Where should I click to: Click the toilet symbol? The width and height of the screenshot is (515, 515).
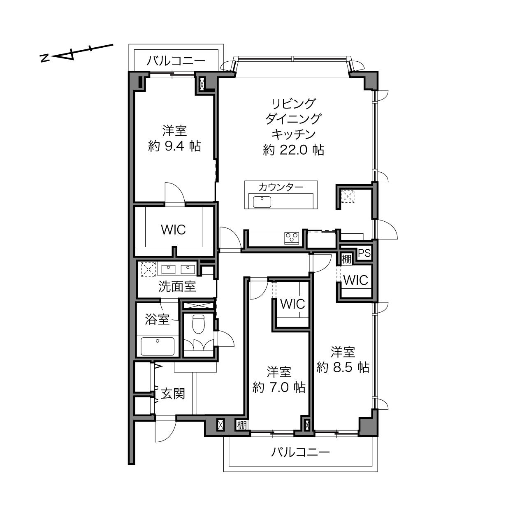tap(198, 324)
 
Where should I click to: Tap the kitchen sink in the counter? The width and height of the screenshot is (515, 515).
tap(262, 202)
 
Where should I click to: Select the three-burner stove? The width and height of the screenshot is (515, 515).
tap(292, 238)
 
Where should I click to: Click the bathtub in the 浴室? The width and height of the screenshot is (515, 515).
tap(158, 347)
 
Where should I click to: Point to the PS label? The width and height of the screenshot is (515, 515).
tap(364, 253)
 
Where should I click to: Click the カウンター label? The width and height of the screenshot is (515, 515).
tap(281, 187)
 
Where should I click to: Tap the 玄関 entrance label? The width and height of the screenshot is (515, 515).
tap(173, 394)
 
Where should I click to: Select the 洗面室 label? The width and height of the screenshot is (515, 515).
tap(177, 286)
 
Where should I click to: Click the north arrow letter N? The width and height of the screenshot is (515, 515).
tap(44, 58)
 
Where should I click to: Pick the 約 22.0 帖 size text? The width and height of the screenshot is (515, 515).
tap(294, 150)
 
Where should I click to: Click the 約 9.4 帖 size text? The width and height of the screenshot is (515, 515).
tap(174, 146)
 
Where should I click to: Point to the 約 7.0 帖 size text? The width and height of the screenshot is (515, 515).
tap(279, 387)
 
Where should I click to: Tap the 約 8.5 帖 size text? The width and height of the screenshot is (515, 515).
tap(343, 367)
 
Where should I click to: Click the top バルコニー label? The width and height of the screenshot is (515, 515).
tap(176, 61)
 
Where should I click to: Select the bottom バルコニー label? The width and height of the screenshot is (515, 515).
tap(300, 452)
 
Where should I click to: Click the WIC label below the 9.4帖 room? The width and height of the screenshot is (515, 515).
tap(174, 230)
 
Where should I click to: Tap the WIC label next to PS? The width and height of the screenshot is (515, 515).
tap(356, 280)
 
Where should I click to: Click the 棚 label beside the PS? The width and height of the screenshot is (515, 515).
tap(347, 259)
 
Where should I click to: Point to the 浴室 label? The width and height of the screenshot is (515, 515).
tap(157, 319)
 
